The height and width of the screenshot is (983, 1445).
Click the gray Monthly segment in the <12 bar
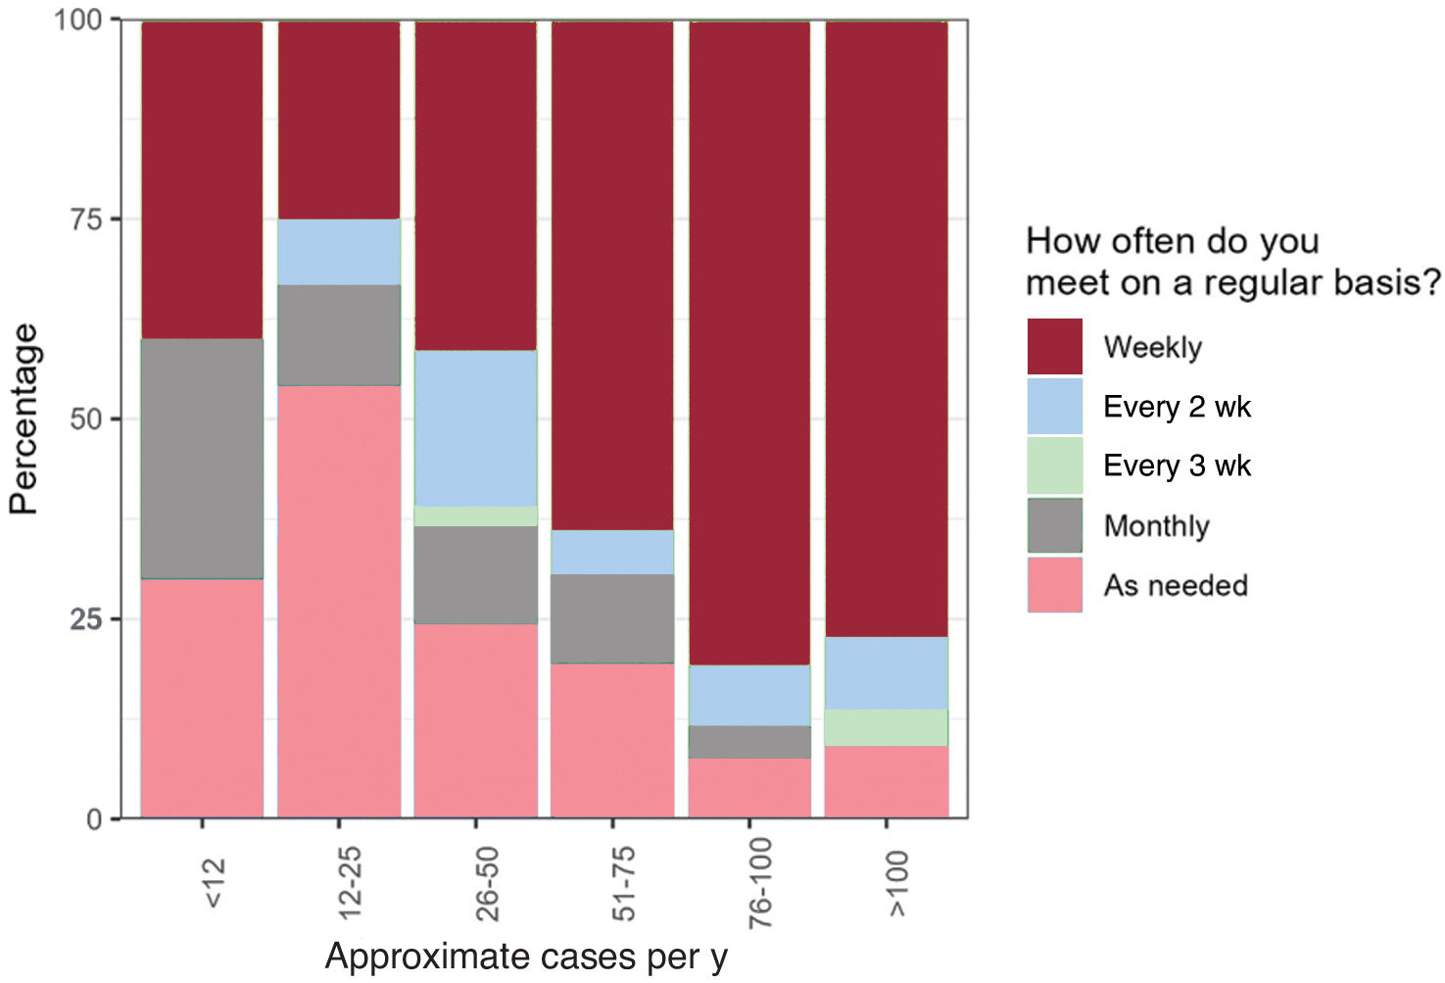(x=202, y=459)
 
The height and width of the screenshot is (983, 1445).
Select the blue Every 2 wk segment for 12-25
(x=339, y=252)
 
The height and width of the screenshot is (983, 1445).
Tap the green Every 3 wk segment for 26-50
(x=475, y=516)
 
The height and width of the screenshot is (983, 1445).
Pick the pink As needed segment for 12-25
(x=339, y=602)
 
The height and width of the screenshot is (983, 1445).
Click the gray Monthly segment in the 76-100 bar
(x=749, y=742)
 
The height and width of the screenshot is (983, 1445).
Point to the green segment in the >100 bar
(x=887, y=728)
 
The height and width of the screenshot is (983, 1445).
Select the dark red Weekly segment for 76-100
(x=749, y=343)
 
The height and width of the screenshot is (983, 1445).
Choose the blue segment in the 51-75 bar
(x=612, y=553)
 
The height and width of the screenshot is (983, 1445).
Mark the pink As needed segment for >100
(x=887, y=782)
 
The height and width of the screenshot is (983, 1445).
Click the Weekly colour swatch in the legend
(x=1055, y=346)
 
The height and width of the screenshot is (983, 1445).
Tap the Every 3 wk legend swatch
(x=1055, y=466)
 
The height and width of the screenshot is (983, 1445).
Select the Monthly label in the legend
(x=1157, y=526)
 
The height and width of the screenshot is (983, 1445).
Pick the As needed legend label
(x=1176, y=585)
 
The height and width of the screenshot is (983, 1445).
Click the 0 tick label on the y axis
(x=95, y=819)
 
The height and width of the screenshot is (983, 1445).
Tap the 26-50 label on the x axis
(x=487, y=884)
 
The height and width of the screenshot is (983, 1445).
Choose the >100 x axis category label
(x=898, y=884)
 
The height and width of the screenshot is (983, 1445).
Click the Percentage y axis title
(x=24, y=418)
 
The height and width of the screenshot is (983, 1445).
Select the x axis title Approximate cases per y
(x=526, y=956)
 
